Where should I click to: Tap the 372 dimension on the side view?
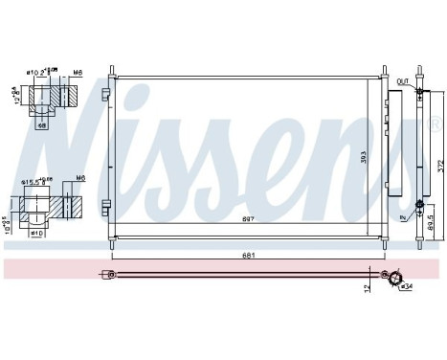pyautogui.click(x=438, y=164)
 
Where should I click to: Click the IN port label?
pyautogui.click(x=404, y=217)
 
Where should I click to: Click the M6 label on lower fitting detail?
pyautogui.click(x=80, y=177)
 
